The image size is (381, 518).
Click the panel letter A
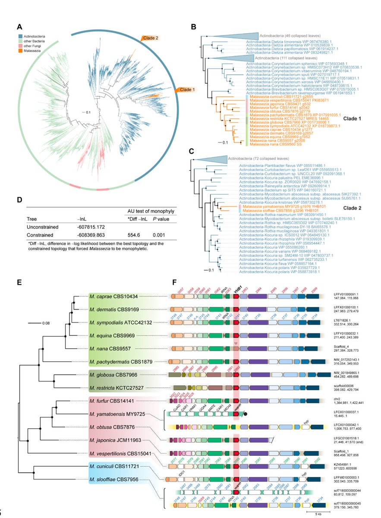pos(19,27)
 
